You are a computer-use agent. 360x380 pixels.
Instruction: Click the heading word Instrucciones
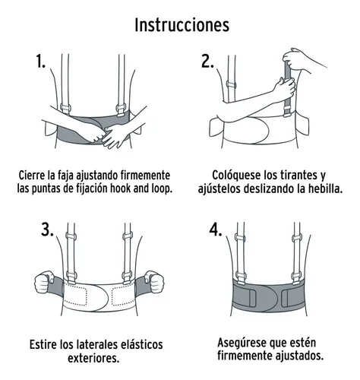[182, 25]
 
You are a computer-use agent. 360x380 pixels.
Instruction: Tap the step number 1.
[40, 62]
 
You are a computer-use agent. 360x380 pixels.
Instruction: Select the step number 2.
[207, 62]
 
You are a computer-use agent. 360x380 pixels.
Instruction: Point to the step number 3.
[47, 230]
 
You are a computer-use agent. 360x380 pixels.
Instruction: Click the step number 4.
[216, 230]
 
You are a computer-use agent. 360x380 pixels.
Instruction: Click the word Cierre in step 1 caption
[32, 175]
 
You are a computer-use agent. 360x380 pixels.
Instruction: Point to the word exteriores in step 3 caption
[93, 358]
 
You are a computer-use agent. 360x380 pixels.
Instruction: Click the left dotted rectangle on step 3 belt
[75, 296]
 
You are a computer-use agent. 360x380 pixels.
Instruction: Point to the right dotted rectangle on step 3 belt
[123, 296]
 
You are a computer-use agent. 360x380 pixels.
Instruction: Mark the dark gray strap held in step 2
[288, 89]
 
